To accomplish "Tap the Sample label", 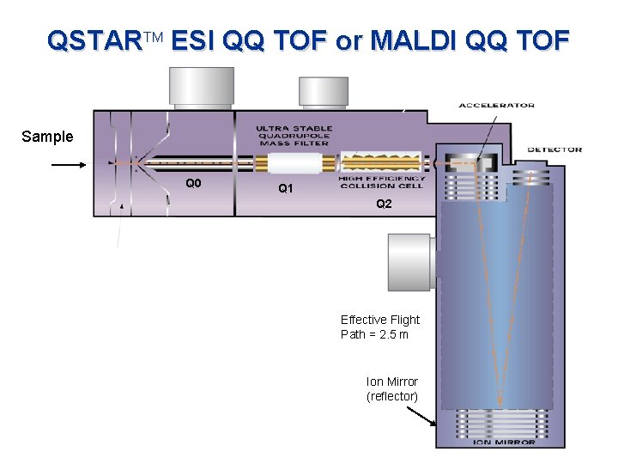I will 47,137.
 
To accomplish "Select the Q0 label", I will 193,182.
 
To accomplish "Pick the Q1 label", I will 287,189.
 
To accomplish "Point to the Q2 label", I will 384,204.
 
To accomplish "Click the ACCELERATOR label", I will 496,106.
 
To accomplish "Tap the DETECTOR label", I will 554,150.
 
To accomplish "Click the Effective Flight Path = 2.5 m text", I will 379,327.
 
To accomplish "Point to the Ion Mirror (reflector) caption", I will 391,388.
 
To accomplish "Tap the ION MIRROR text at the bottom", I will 504,443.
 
